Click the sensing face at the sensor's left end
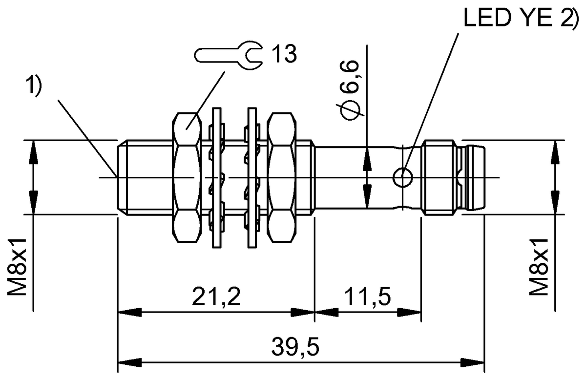point(119,177)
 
